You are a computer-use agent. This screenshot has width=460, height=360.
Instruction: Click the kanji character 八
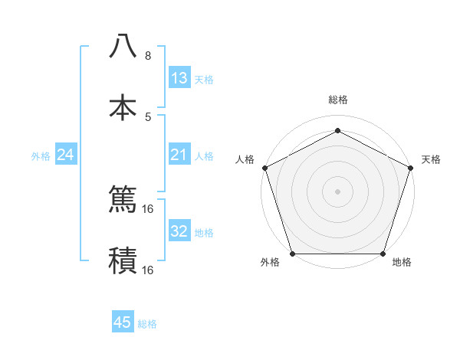click(123, 47)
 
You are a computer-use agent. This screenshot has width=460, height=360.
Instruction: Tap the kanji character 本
click(123, 107)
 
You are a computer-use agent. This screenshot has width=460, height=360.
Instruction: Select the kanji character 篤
click(123, 200)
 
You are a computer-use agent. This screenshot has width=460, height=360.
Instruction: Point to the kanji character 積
click(123, 260)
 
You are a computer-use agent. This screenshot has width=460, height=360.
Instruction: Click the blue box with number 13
click(179, 78)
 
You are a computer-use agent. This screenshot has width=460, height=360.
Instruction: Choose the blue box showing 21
click(179, 155)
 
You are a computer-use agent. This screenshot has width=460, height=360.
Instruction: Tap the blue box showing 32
click(179, 231)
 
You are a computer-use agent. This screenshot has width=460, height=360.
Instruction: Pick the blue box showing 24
click(66, 155)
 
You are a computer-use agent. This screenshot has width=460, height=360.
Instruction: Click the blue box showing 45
click(123, 322)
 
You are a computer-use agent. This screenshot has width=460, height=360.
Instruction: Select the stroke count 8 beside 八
click(148, 56)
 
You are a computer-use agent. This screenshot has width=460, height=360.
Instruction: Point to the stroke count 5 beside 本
click(148, 116)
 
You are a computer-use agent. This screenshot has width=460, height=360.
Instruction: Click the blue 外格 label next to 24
click(41, 156)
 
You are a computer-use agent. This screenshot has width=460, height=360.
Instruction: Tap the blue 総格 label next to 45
click(147, 324)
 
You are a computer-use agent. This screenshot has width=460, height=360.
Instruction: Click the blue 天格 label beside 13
click(204, 79)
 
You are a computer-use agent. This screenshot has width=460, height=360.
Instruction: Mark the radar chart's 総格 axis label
click(337, 100)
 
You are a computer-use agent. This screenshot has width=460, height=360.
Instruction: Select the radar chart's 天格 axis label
click(431, 159)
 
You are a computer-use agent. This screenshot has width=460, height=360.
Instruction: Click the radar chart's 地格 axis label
click(402, 262)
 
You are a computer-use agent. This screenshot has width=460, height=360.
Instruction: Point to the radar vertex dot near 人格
click(264, 167)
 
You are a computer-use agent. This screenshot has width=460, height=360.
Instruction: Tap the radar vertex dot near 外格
click(292, 254)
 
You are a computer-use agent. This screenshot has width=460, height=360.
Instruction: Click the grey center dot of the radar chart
click(337, 191)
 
